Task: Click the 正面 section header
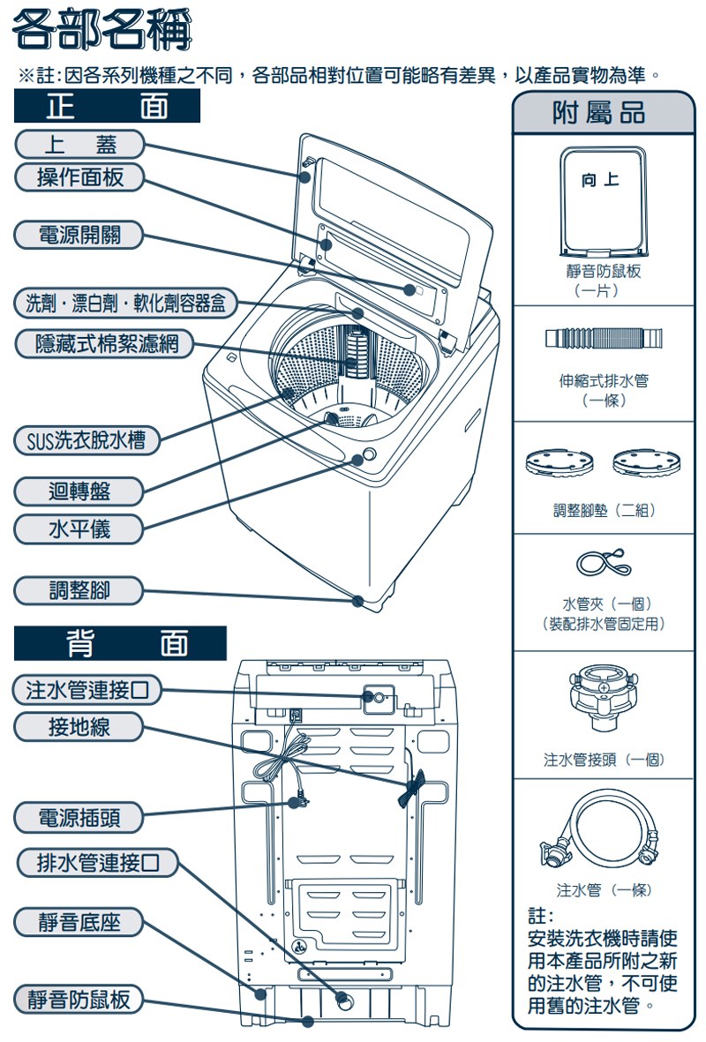click(107, 107)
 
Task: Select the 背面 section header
click(120, 643)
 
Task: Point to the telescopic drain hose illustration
click(604, 338)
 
